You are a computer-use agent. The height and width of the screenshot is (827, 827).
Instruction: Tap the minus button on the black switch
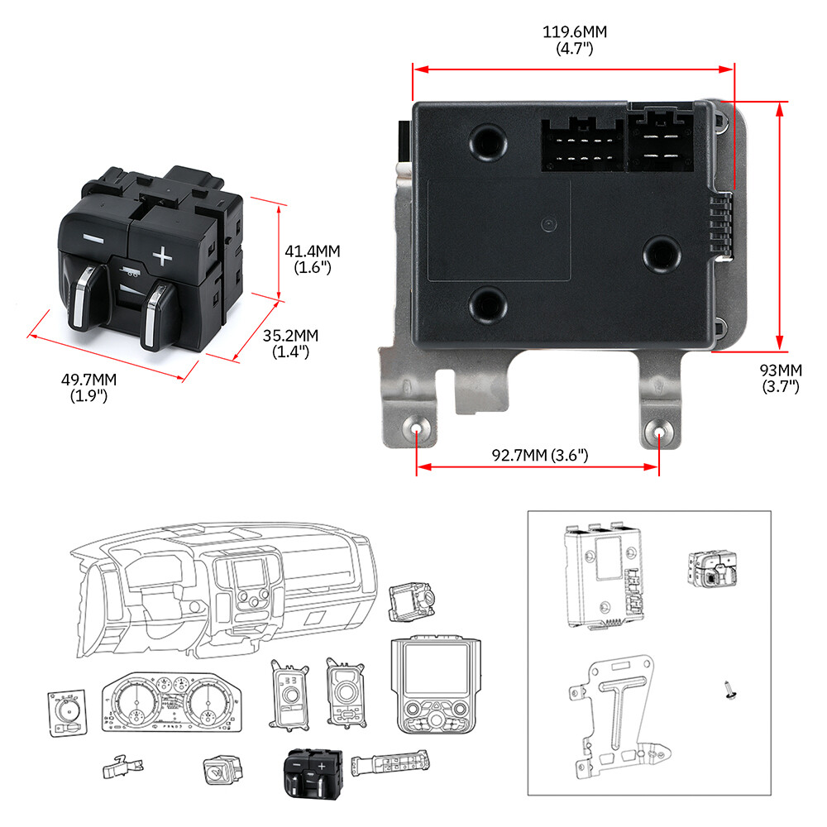(x=93, y=241)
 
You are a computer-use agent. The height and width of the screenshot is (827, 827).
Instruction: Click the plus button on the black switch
(x=163, y=257)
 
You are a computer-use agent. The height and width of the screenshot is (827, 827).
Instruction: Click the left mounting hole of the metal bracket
(x=416, y=432)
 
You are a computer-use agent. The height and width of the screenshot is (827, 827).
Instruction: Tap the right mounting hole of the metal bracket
(x=659, y=433)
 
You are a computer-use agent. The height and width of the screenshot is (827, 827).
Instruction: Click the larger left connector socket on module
(x=582, y=146)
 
